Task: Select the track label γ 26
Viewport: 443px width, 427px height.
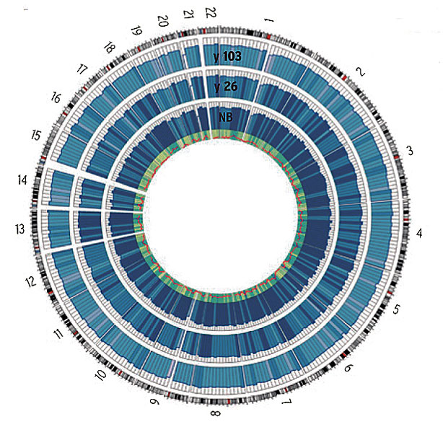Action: (227, 87)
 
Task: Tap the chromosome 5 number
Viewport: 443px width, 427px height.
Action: (395, 311)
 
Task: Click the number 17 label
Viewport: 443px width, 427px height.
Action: (81, 71)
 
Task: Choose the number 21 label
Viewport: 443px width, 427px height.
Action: (188, 14)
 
